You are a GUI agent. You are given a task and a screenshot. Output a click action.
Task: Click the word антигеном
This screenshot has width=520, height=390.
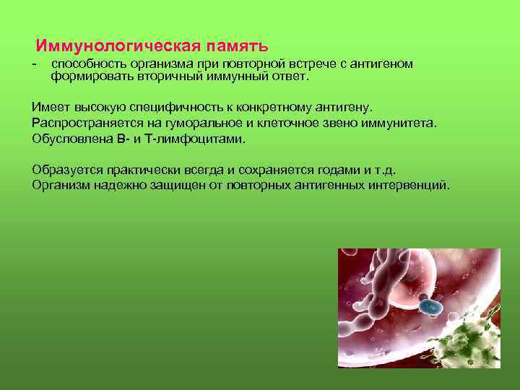tap(383, 64)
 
